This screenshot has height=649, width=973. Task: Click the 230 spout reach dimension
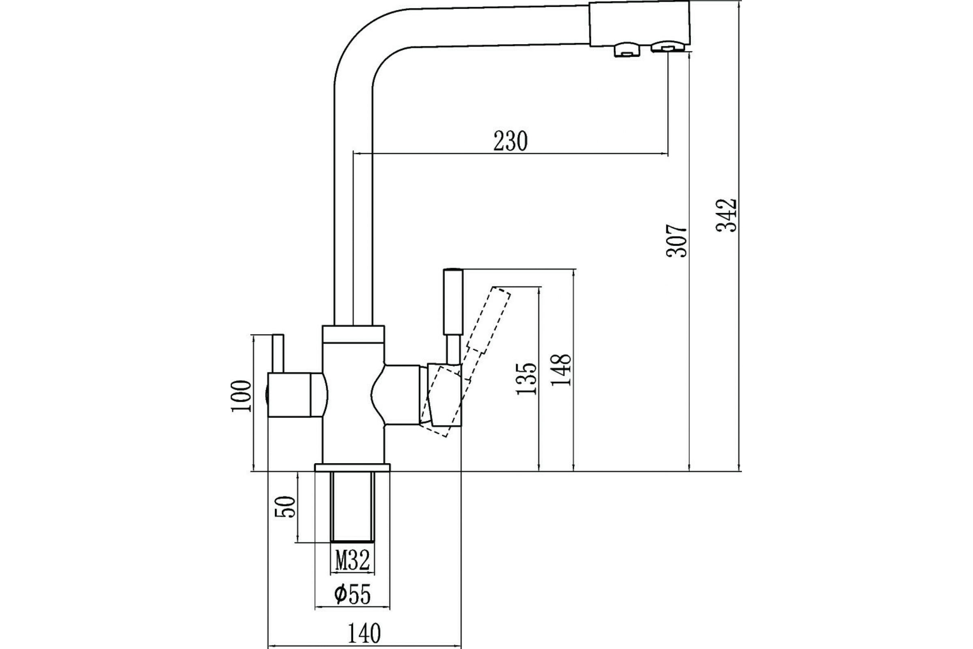point(510,142)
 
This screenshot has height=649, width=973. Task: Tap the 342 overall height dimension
point(727,216)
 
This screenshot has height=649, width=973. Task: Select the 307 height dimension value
point(677,241)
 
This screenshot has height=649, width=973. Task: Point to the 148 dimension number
point(562,370)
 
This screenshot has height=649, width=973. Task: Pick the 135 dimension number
point(527,378)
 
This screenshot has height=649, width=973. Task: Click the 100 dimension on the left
point(242,396)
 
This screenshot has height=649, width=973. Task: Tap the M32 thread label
point(352,561)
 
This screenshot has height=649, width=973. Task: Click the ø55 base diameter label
point(352,595)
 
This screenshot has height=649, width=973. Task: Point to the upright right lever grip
point(453,302)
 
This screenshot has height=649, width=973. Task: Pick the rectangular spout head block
point(639,23)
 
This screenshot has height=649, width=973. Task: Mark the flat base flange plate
point(352,467)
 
